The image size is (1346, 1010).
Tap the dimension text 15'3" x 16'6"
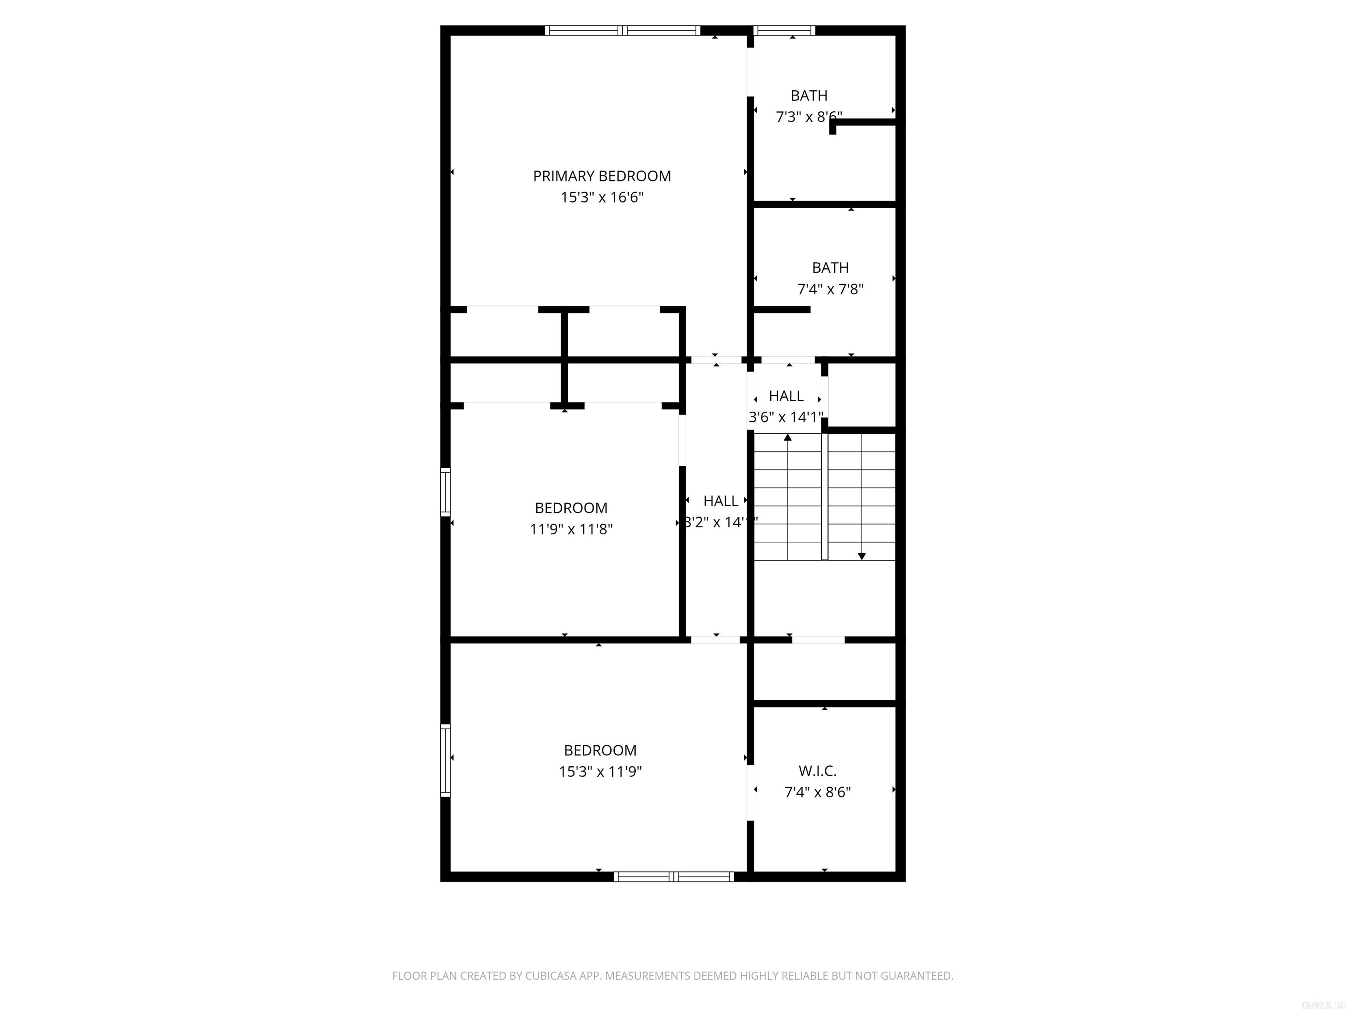pyautogui.click(x=602, y=198)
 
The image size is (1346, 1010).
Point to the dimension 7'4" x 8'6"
pyautogui.click(x=817, y=793)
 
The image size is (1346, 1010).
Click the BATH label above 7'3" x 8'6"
pyautogui.click(x=809, y=96)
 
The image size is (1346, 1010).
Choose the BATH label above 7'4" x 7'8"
pyautogui.click(x=830, y=268)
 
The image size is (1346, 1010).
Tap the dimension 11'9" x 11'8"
pyautogui.click(x=571, y=530)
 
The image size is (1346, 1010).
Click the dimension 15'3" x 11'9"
pyautogui.click(x=600, y=772)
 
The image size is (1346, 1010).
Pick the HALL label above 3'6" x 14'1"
pyautogui.click(x=786, y=396)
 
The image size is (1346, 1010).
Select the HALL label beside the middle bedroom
pyautogui.click(x=720, y=501)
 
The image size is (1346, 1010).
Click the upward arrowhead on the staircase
pyautogui.click(x=788, y=437)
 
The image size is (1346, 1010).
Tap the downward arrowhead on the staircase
pyautogui.click(x=862, y=556)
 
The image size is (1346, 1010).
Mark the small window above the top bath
pyautogui.click(x=784, y=30)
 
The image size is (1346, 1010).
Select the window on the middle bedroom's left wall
pyautogui.click(x=446, y=492)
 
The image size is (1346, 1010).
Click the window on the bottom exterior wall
pyautogui.click(x=673, y=877)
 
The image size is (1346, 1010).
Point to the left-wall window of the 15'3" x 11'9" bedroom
pyautogui.click(x=446, y=761)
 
